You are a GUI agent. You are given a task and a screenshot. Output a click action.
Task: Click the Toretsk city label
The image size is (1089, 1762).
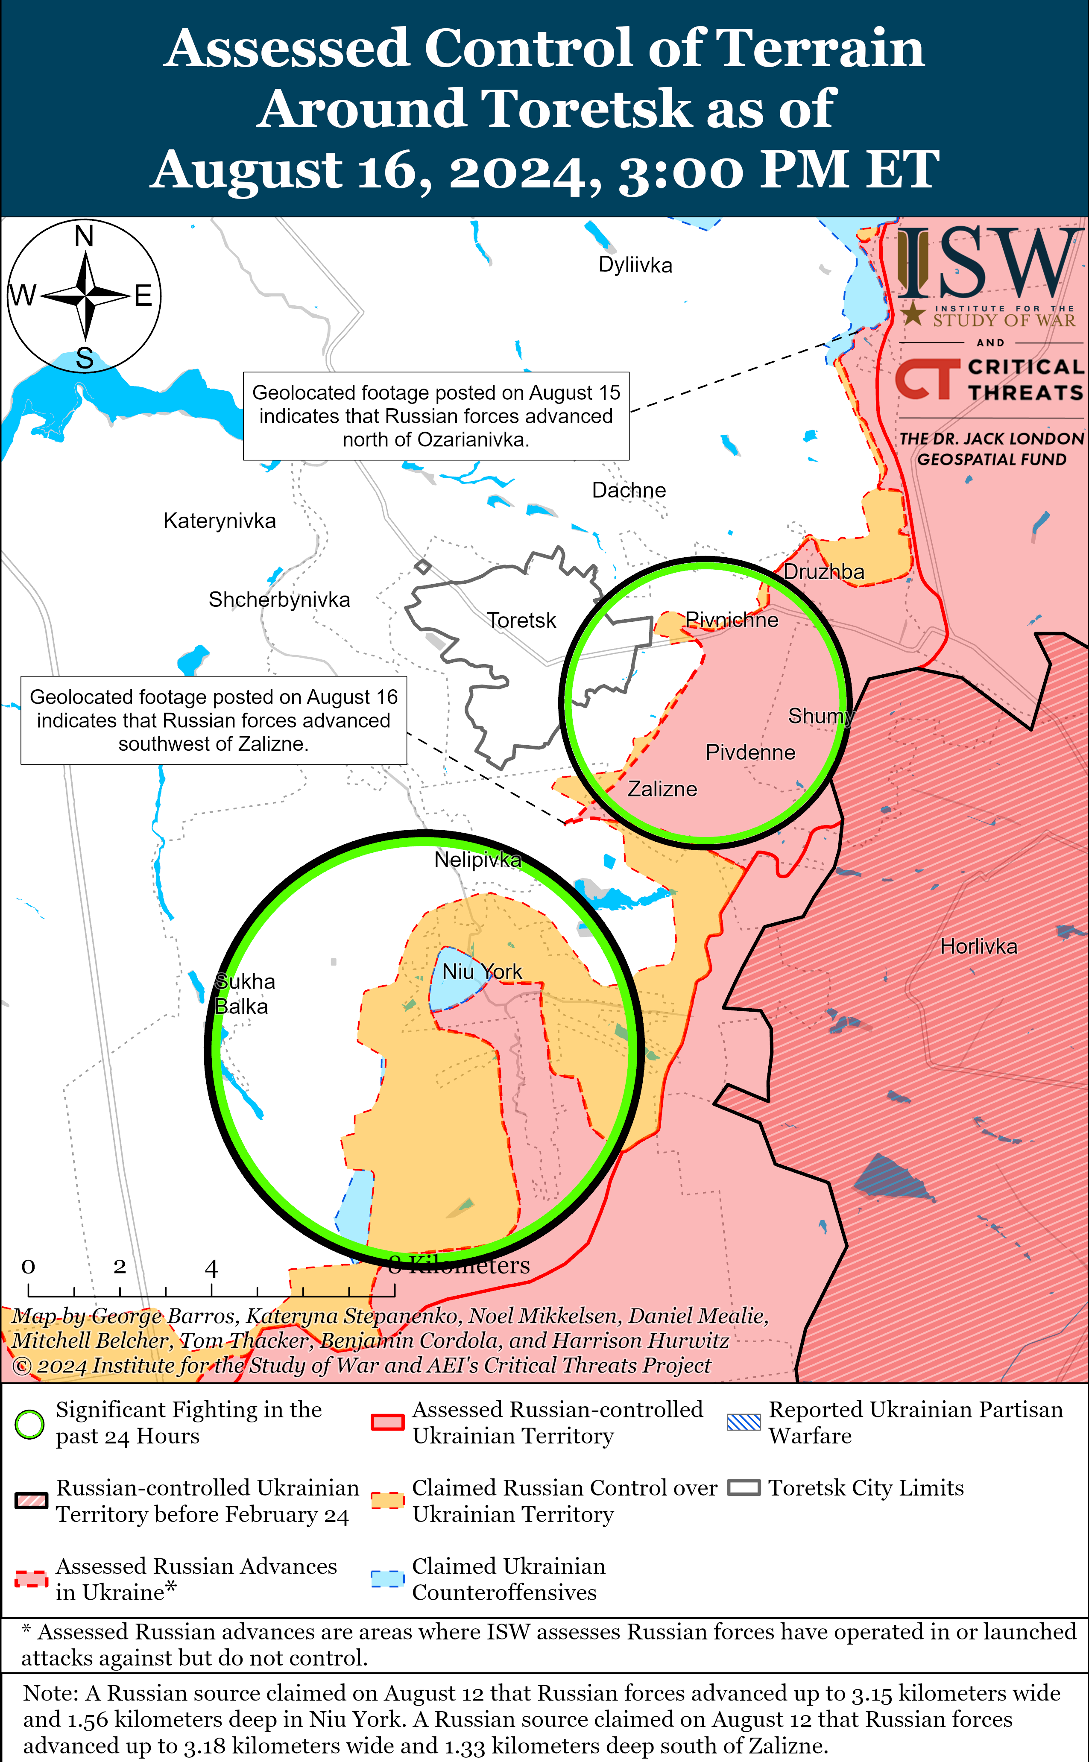(x=521, y=620)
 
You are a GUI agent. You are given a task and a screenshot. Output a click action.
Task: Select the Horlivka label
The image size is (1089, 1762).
(x=978, y=946)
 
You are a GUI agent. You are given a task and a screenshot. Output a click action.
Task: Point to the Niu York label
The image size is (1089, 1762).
(x=482, y=972)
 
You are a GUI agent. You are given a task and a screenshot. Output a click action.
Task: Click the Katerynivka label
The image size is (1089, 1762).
(x=219, y=521)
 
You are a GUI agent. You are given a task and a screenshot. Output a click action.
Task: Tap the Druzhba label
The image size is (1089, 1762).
(x=823, y=572)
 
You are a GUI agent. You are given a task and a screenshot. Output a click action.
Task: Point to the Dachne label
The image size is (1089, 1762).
(x=628, y=490)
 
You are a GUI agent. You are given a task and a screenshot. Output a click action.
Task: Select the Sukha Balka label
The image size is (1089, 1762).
(x=244, y=994)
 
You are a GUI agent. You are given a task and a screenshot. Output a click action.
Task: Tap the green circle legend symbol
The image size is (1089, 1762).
(x=29, y=1424)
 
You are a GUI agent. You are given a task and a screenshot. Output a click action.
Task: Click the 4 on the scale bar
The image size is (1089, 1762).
(x=211, y=1268)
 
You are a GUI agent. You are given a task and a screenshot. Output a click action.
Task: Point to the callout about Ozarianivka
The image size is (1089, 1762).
(x=436, y=416)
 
